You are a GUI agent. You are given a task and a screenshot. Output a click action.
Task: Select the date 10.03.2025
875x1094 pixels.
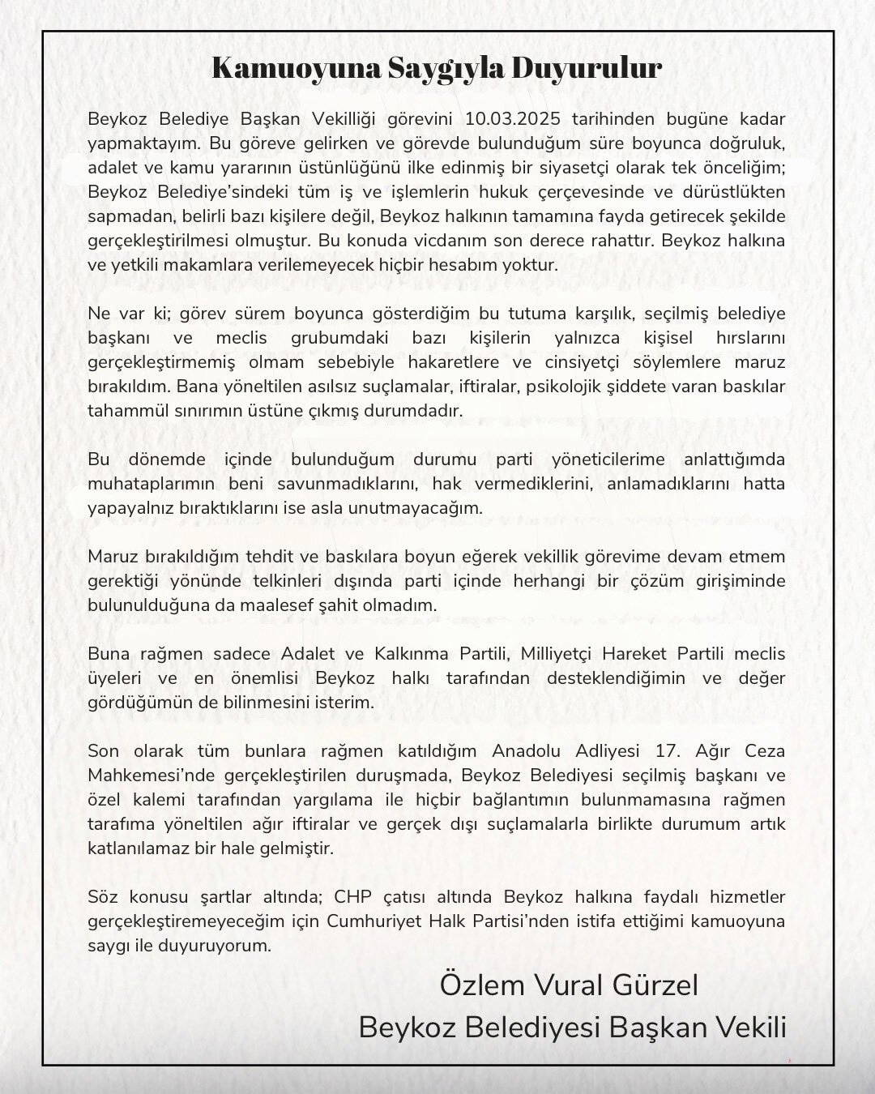point(515,119)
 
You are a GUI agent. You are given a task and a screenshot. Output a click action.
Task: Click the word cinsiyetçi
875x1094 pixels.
point(583,362)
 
